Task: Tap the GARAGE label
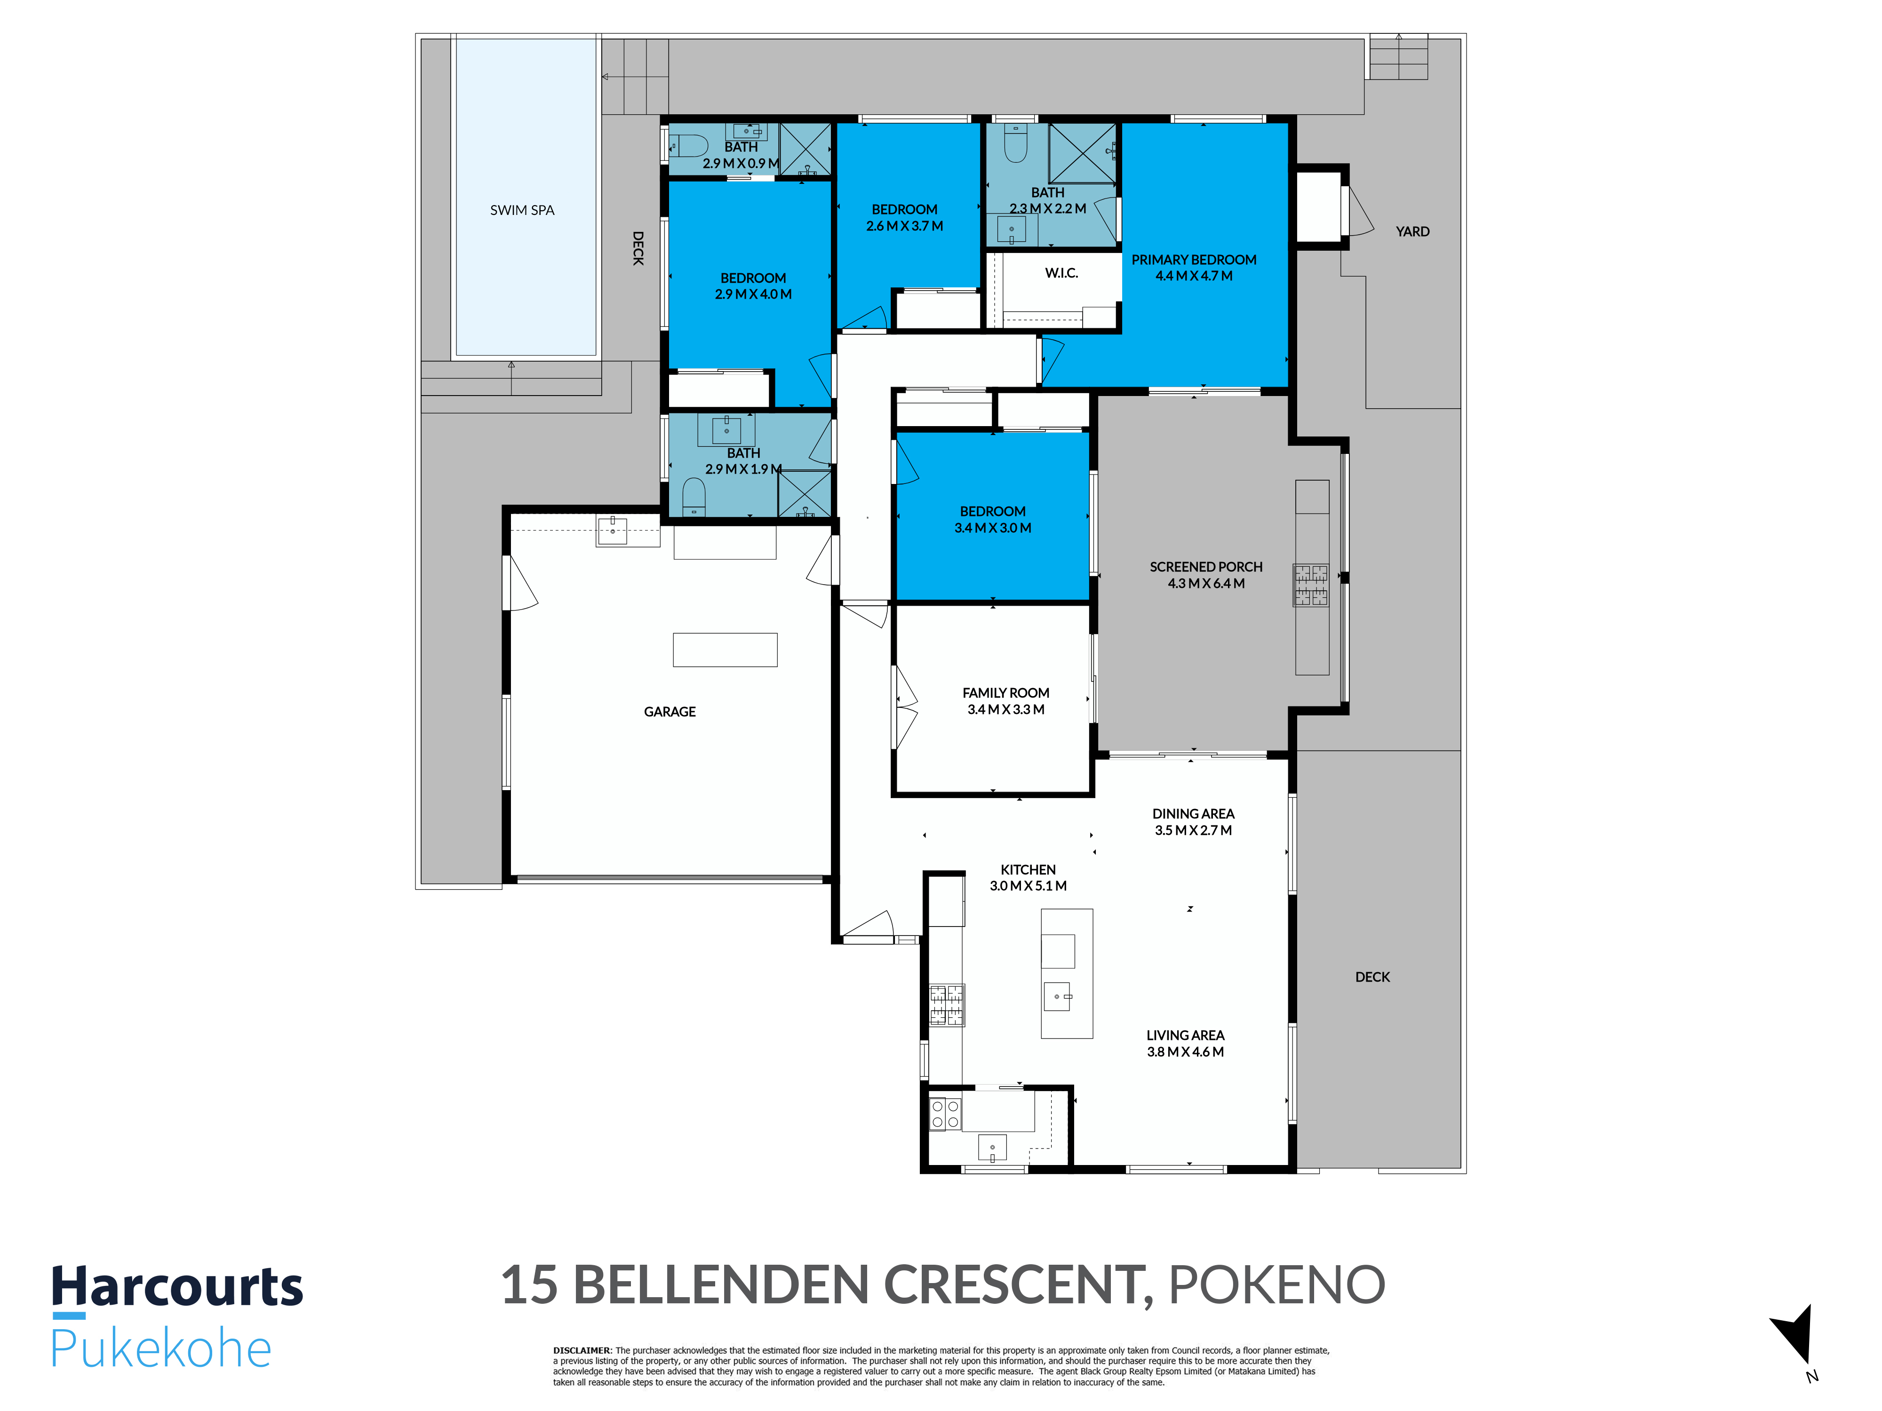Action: (x=670, y=712)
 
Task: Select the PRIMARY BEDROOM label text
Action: (x=1194, y=260)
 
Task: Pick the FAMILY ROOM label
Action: (x=1005, y=693)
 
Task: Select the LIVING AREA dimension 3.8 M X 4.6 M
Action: (x=1185, y=1052)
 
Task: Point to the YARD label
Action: (x=1412, y=231)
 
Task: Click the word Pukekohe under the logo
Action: (x=161, y=1348)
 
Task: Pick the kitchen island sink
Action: (x=1058, y=996)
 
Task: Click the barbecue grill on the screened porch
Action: (x=1311, y=585)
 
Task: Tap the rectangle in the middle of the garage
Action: (x=725, y=650)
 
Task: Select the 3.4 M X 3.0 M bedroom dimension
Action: (x=993, y=528)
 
